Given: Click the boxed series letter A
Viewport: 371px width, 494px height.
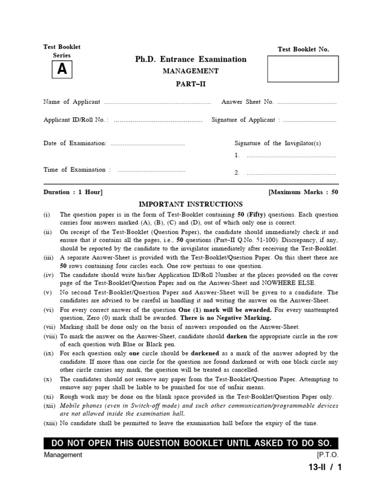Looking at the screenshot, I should (62, 70).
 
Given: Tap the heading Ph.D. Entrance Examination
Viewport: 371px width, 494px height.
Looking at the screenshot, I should (191, 59).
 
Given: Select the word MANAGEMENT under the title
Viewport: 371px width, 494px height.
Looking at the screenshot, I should (191, 71).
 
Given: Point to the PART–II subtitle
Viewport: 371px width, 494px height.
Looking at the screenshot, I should (191, 83).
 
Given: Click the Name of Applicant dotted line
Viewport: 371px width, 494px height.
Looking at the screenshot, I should (157, 102).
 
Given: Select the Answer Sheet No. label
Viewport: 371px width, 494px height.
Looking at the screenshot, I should (247, 102).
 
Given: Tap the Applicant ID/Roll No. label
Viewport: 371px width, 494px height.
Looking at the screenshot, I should (76, 120).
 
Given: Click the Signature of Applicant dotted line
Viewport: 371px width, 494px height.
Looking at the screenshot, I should (310, 121).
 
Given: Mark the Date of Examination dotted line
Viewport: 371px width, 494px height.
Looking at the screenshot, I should (147, 144).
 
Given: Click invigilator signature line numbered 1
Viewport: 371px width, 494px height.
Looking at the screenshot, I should (291, 156).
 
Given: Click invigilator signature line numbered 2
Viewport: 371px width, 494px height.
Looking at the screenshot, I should (291, 173).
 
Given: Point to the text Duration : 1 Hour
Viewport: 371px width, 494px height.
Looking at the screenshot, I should (73, 192).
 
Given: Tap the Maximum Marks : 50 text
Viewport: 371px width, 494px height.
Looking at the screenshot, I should (303, 192).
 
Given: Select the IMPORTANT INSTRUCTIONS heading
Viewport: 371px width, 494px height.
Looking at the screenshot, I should (191, 204).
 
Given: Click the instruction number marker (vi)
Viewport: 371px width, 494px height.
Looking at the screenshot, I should (48, 310).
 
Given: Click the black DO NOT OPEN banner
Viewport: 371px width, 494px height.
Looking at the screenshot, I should (191, 443).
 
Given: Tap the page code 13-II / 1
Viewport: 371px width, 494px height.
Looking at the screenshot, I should (321, 467).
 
